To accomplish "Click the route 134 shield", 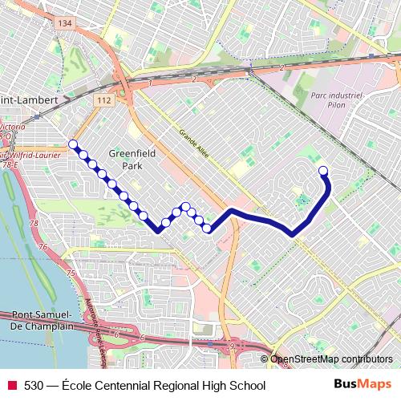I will coord(64,24).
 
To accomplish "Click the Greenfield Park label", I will coord(124,159).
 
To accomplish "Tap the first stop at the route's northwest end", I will coord(73,144).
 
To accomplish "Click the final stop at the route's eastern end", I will coord(324,170).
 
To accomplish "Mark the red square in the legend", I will coord(12,386).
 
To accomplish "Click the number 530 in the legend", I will coord(34,386).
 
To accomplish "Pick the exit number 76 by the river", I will coord(42,247).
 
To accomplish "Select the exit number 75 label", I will coord(71,274).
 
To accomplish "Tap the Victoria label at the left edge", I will coord(11,127).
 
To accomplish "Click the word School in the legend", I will coord(246,386).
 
